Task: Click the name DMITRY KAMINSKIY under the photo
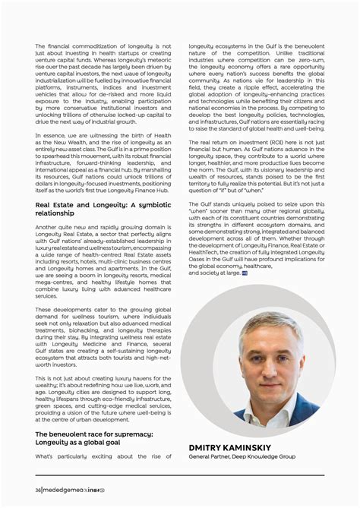point(236,447)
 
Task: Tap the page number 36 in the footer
point(38,490)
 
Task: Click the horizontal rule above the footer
point(180,476)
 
